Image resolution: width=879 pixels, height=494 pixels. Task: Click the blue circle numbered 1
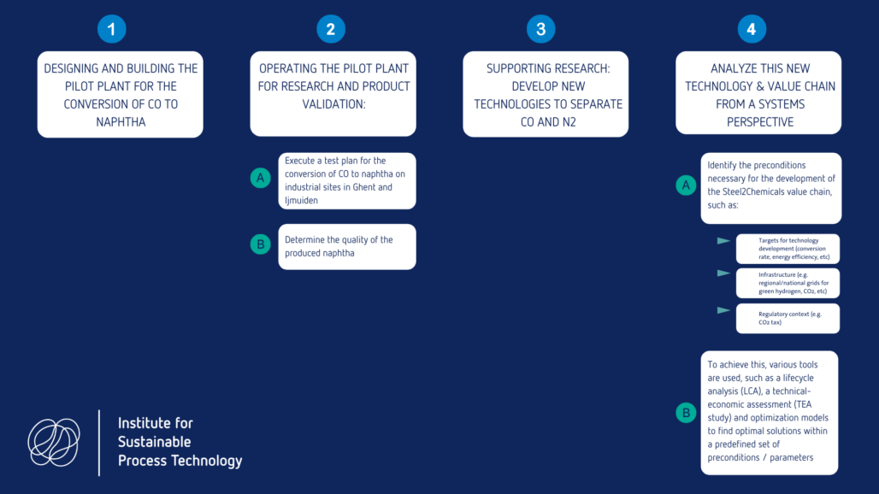pyautogui.click(x=111, y=29)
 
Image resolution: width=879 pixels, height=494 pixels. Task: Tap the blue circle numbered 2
pyautogui.click(x=331, y=29)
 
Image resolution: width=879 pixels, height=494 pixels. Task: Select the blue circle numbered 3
pyautogui.click(x=541, y=29)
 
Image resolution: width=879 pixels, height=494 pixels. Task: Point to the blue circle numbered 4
pyautogui.click(x=752, y=29)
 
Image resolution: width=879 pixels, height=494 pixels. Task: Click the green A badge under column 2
pyautogui.click(x=260, y=178)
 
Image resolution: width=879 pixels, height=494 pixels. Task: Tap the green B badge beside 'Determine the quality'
pyautogui.click(x=260, y=244)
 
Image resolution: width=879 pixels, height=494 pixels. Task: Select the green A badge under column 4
pyautogui.click(x=686, y=185)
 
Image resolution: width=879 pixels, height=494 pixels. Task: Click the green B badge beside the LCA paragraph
pyautogui.click(x=686, y=413)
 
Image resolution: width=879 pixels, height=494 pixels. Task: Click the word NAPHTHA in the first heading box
pyautogui.click(x=121, y=122)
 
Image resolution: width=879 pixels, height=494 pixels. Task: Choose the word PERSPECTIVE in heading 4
pyautogui.click(x=759, y=122)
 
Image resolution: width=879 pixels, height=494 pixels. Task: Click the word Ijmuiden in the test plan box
pyautogui.click(x=301, y=201)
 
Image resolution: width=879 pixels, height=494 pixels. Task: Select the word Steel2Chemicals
pyautogui.click(x=753, y=191)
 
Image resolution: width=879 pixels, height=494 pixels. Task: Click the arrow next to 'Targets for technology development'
pyautogui.click(x=723, y=241)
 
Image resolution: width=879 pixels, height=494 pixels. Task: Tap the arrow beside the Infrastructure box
pyautogui.click(x=723, y=273)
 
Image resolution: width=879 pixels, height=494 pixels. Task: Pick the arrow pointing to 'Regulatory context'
pyautogui.click(x=723, y=310)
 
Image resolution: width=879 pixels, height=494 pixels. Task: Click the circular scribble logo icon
pyautogui.click(x=54, y=443)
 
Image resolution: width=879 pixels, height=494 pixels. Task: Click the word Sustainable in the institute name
pyautogui.click(x=154, y=442)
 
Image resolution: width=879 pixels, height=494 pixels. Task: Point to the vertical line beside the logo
pyautogui.click(x=99, y=443)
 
